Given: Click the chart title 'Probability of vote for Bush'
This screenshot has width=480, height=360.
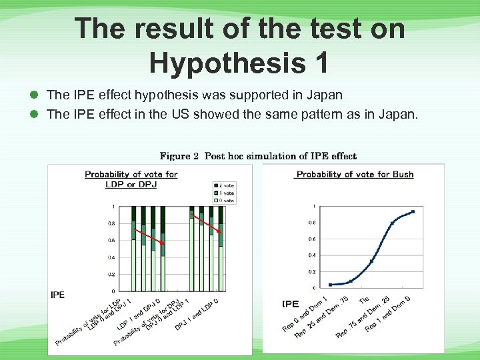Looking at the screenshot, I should pyautogui.click(x=355, y=175).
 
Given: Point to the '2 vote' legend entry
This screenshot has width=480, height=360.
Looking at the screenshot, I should pyautogui.click(x=225, y=185).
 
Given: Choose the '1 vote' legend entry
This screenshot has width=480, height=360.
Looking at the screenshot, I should pyautogui.click(x=225, y=192).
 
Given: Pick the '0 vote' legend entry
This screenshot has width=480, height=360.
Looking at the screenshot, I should pyautogui.click(x=225, y=199).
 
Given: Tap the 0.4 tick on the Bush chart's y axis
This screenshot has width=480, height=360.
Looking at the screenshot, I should pyautogui.click(x=312, y=255).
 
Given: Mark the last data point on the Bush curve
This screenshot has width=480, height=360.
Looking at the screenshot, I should pyautogui.click(x=413, y=212).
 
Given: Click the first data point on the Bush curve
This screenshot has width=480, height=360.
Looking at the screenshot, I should pyautogui.click(x=330, y=285).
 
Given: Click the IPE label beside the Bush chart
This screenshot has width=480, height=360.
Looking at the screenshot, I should pyautogui.click(x=290, y=304).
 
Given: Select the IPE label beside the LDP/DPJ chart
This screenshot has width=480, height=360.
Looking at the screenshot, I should pyautogui.click(x=58, y=295).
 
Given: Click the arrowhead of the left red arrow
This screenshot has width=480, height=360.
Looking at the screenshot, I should pyautogui.click(x=163, y=245).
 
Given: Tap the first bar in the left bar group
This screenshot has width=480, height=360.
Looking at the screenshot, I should pyautogui.click(x=133, y=250).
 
